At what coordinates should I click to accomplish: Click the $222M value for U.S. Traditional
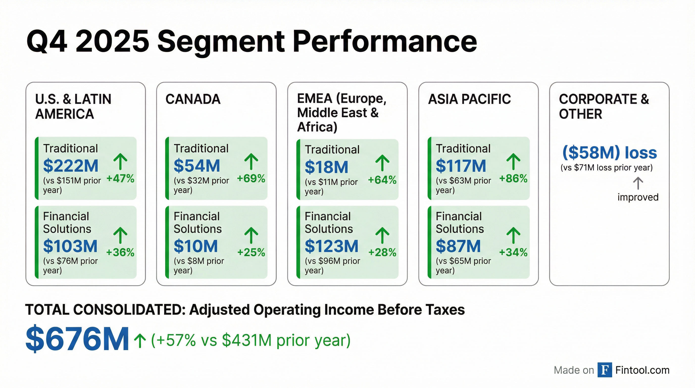(x=71, y=166)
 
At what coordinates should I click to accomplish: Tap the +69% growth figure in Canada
(x=251, y=179)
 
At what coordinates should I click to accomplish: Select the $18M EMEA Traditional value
(x=327, y=167)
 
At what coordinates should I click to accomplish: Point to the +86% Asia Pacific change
(x=513, y=179)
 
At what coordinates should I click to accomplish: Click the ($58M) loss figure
(x=609, y=153)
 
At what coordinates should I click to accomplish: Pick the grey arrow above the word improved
(x=638, y=183)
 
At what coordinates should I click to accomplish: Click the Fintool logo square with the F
(x=605, y=370)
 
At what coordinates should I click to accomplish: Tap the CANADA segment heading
(x=193, y=99)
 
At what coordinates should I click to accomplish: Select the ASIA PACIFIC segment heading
(x=469, y=99)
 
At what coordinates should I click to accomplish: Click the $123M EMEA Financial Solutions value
(x=332, y=246)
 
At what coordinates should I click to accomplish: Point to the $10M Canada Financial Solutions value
(x=196, y=246)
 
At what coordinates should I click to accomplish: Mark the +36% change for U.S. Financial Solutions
(x=120, y=253)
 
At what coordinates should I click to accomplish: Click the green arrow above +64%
(x=382, y=163)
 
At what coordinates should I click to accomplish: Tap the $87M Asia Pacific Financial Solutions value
(x=458, y=246)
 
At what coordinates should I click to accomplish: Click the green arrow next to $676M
(x=140, y=341)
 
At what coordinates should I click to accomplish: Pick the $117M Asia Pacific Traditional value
(x=461, y=166)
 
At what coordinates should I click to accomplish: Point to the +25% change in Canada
(x=251, y=253)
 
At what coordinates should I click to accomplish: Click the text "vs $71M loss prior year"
(x=607, y=168)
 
